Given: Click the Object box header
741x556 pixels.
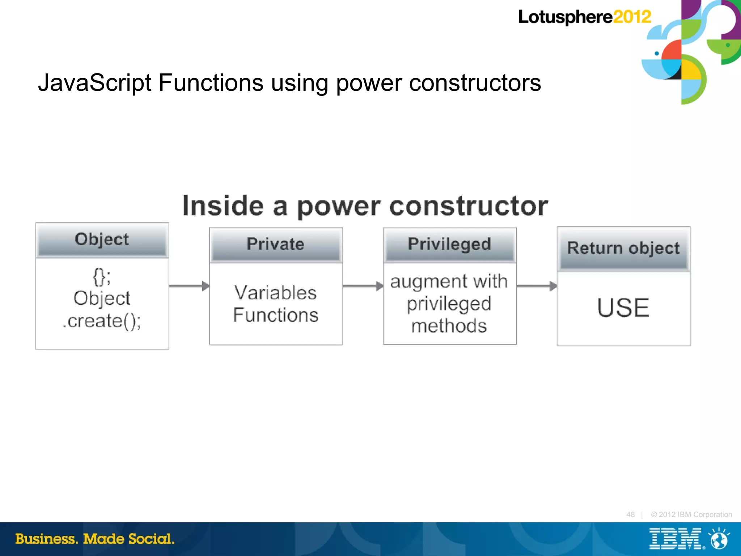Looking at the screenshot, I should coord(102,239).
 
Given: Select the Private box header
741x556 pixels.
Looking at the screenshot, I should coord(276,244).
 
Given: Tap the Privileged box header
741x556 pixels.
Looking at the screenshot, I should coord(449,244).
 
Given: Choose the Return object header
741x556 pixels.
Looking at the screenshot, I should coord(623,249).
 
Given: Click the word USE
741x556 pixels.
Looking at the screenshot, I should coord(623,308).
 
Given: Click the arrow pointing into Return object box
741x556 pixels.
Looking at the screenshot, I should coord(537,286).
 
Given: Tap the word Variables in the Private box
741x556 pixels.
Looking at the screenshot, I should coord(275,293).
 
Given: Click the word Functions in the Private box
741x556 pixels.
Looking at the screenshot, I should coord(275,315).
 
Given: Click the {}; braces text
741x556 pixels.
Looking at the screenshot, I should coord(102,277).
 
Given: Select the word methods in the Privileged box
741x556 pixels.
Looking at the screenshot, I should coord(449,326).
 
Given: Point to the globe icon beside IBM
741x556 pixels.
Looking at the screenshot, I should coord(719,539).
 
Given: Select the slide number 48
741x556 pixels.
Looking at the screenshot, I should coord(630,514).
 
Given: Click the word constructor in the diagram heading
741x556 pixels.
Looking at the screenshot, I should coord(469,206).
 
